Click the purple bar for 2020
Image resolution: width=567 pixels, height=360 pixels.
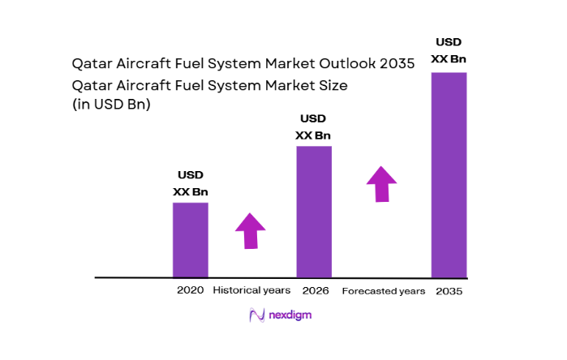190,240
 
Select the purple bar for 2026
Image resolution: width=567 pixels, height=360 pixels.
314,212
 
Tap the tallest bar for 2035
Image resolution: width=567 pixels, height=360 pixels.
449,174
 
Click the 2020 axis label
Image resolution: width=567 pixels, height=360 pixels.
190,290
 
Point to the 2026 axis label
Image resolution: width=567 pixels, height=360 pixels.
314,290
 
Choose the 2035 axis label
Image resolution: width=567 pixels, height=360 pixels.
449,291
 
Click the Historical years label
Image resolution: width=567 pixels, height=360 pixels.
251,290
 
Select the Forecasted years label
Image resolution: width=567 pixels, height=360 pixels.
383,291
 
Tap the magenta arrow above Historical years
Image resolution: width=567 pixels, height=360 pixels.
251,231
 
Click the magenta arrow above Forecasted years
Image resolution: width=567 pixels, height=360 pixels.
381,183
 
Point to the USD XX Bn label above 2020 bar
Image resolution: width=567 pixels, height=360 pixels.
190,183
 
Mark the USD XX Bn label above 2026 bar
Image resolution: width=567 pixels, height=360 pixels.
314,126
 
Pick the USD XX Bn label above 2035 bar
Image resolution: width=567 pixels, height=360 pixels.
449,50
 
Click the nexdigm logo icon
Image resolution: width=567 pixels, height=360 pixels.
257,315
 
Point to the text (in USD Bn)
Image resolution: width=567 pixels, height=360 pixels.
112,104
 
